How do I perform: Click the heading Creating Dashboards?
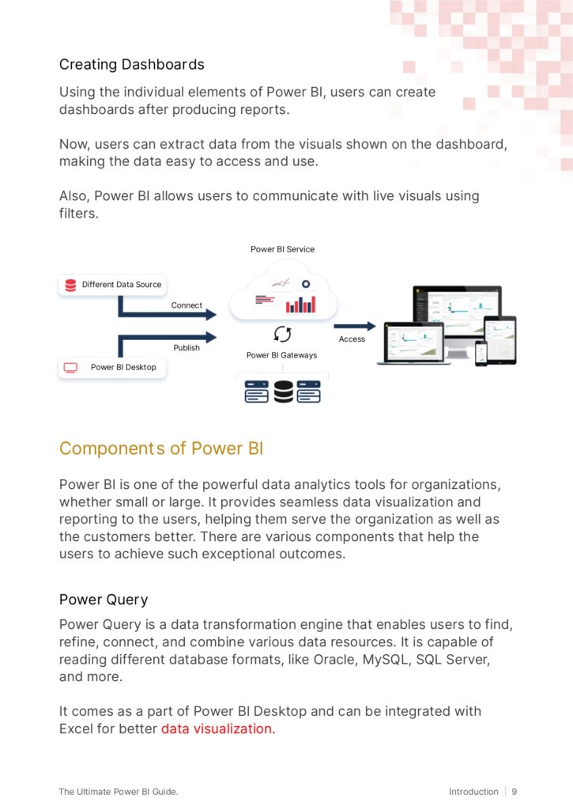(131, 64)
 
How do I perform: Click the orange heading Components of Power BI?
(160, 449)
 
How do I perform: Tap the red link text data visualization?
(218, 729)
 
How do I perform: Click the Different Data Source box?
(112, 285)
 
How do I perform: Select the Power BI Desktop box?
(112, 367)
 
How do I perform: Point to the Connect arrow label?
(187, 305)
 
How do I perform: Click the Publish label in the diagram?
(187, 347)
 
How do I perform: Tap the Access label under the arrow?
(352, 339)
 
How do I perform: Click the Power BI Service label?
(282, 249)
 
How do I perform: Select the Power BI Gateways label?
(281, 355)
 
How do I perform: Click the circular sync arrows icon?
(282, 333)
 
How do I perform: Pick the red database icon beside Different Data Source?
(70, 285)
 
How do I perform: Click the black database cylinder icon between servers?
(283, 392)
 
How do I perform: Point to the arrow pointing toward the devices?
(354, 326)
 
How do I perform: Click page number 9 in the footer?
(515, 791)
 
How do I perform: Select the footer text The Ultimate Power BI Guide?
(123, 791)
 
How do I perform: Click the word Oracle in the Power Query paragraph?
(334, 659)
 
